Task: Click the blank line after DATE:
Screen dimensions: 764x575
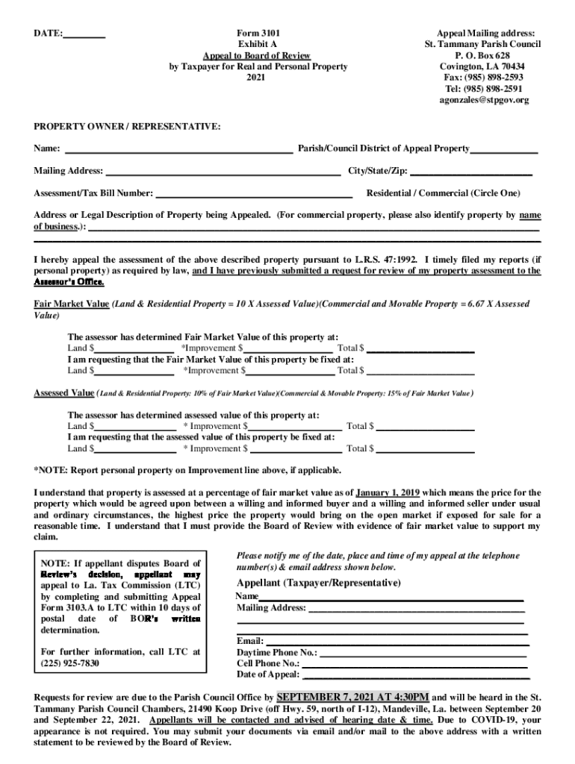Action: pos(84,34)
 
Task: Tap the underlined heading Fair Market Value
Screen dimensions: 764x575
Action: pos(71,304)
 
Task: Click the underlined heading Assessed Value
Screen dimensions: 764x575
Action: pos(63,392)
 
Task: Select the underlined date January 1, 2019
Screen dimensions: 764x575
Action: pos(387,493)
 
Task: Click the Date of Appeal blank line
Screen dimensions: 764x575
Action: pos(414,674)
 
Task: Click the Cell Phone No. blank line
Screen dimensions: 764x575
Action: pos(414,663)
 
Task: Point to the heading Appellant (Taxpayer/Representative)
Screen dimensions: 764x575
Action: pos(319,583)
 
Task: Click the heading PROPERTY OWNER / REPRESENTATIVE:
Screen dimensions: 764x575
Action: pos(127,128)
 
